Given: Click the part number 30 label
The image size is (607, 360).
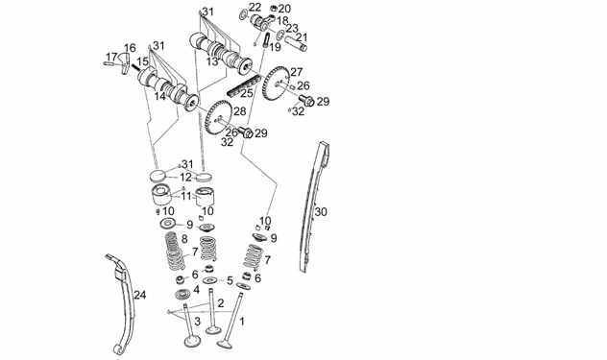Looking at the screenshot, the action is (x=321, y=212).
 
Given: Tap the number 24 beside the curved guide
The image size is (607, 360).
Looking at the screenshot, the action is (x=140, y=295).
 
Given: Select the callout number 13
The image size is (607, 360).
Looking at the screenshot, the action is (x=212, y=61).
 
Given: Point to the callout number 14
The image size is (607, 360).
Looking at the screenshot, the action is (x=159, y=96).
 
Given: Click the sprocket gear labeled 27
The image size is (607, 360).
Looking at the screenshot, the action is (x=276, y=84).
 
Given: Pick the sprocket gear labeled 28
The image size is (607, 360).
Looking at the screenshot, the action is (x=218, y=117).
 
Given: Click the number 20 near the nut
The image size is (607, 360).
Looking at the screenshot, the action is (x=284, y=9).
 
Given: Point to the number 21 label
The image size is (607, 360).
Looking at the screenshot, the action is (x=302, y=37).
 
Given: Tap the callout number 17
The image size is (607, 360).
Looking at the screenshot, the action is (x=111, y=58).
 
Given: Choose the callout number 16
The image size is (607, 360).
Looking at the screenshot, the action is (x=130, y=48).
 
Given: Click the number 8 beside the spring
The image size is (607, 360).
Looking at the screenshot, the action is (x=184, y=238).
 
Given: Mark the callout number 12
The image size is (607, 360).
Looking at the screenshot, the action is (x=185, y=178).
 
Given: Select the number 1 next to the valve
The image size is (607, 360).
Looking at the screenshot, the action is (x=242, y=322).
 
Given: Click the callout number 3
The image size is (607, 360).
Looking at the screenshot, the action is (x=198, y=321).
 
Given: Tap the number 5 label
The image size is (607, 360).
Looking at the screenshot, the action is (x=230, y=281).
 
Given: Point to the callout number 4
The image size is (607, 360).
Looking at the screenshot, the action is (x=196, y=290).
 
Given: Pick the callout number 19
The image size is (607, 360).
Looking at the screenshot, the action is (x=275, y=48).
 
